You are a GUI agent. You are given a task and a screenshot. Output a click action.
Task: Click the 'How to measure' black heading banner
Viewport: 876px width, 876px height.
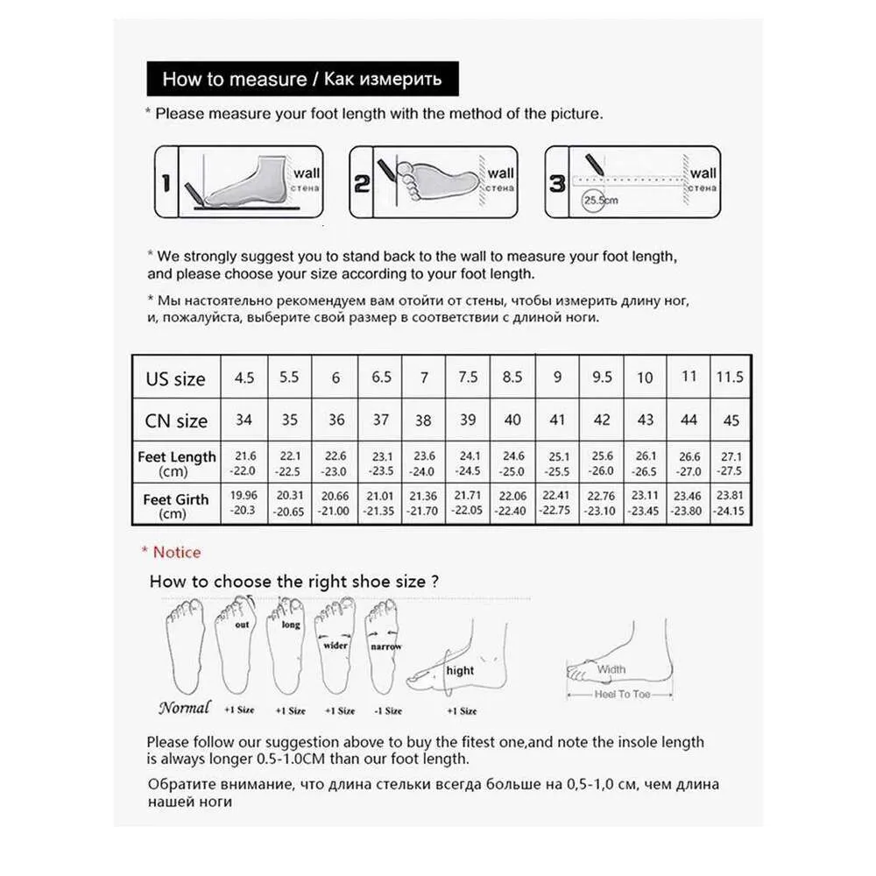302,80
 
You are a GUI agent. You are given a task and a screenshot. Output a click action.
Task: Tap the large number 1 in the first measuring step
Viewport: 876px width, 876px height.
165,183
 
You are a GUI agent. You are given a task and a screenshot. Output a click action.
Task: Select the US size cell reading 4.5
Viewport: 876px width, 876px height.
244,378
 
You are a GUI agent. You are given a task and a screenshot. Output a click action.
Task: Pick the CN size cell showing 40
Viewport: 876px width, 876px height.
512,420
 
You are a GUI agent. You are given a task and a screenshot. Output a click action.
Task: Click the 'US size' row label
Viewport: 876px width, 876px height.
175,379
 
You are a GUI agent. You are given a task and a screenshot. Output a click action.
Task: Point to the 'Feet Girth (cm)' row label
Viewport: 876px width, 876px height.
175,505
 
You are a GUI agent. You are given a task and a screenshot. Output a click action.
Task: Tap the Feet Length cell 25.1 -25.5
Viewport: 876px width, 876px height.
557,463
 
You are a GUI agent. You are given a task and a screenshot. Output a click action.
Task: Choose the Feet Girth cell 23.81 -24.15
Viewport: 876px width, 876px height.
731,505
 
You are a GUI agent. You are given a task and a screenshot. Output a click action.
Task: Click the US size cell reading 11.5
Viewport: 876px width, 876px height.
730,377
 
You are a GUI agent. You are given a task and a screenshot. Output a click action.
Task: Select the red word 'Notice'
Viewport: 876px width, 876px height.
176,552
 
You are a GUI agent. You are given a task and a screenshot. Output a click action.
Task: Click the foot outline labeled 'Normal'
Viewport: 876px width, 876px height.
186,648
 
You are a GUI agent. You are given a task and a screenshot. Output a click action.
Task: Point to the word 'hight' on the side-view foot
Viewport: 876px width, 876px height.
460,670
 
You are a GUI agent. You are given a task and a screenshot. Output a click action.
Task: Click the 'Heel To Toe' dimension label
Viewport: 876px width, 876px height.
622,694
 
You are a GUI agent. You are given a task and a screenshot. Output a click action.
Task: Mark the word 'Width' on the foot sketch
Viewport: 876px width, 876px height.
611,669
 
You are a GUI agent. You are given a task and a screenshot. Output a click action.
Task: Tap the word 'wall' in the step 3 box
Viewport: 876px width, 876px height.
702,173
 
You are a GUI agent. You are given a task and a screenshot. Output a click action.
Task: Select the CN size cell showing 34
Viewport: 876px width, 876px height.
244,420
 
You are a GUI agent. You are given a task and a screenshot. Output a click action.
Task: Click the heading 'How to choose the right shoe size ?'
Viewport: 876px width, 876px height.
294,581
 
